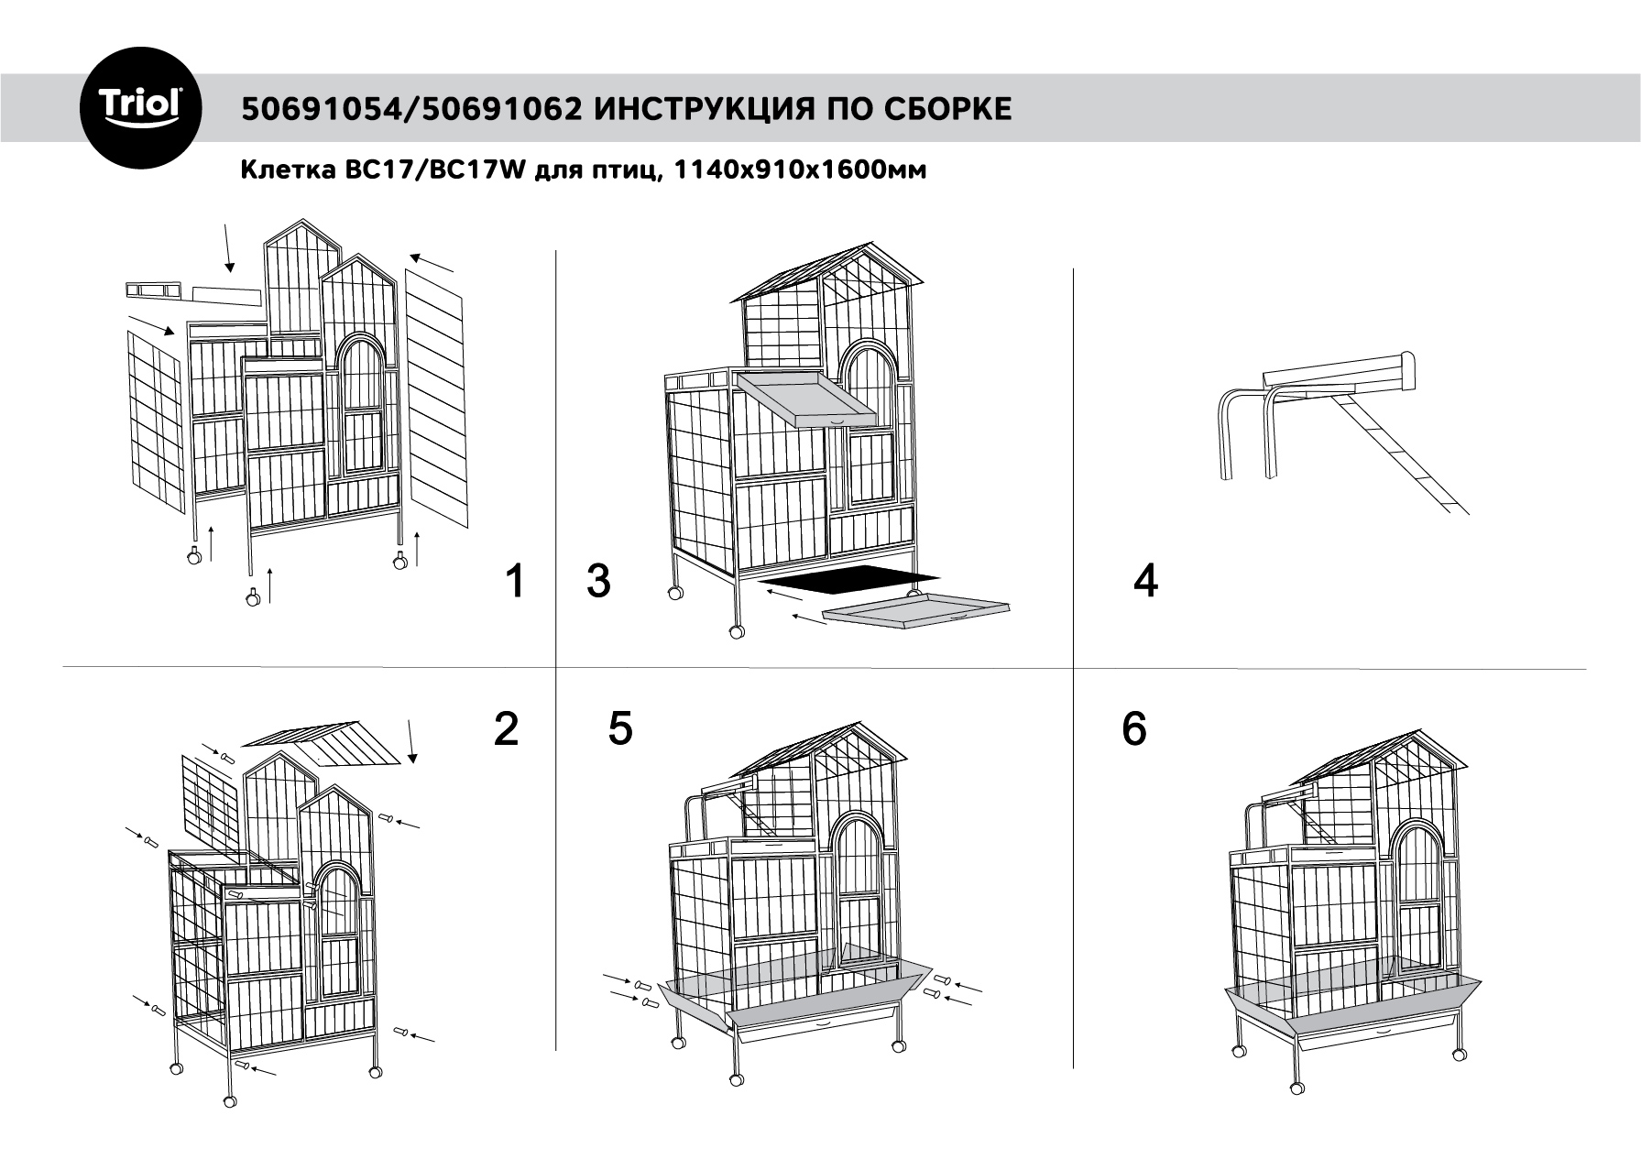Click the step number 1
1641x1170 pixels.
(516, 581)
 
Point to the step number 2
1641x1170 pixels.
(506, 729)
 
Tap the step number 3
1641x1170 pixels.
(598, 581)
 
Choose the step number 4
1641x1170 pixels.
(1145, 581)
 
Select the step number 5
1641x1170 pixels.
(620, 728)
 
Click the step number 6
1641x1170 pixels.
(1134, 729)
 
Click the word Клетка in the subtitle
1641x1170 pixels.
(278, 170)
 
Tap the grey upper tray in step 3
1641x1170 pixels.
(804, 399)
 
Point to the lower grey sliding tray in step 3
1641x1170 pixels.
(915, 610)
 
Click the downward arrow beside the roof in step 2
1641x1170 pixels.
(410, 742)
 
